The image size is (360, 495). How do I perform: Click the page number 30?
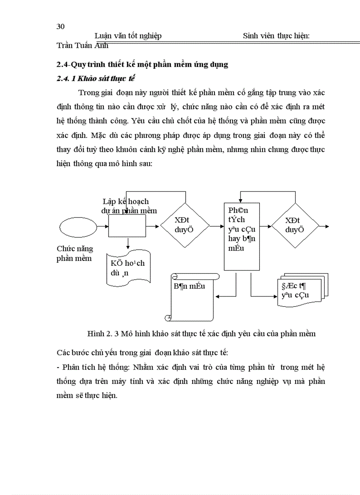[x=61, y=26]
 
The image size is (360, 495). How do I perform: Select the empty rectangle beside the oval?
[x=127, y=226]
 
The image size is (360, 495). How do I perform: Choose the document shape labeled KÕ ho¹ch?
[x=128, y=268]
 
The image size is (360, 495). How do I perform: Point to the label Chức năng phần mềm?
[x=75, y=253]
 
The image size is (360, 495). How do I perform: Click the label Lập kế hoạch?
[x=125, y=202]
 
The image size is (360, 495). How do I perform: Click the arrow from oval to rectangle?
[x=102, y=226]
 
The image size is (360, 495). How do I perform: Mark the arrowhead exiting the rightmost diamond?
[x=326, y=226]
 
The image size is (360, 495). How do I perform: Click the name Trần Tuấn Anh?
[x=82, y=45]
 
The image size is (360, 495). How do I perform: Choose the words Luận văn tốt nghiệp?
[x=128, y=36]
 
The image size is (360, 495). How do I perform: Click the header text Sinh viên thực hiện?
[x=276, y=36]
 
